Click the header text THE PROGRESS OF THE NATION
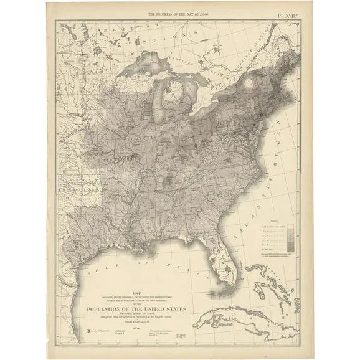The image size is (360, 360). click(x=181, y=13)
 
